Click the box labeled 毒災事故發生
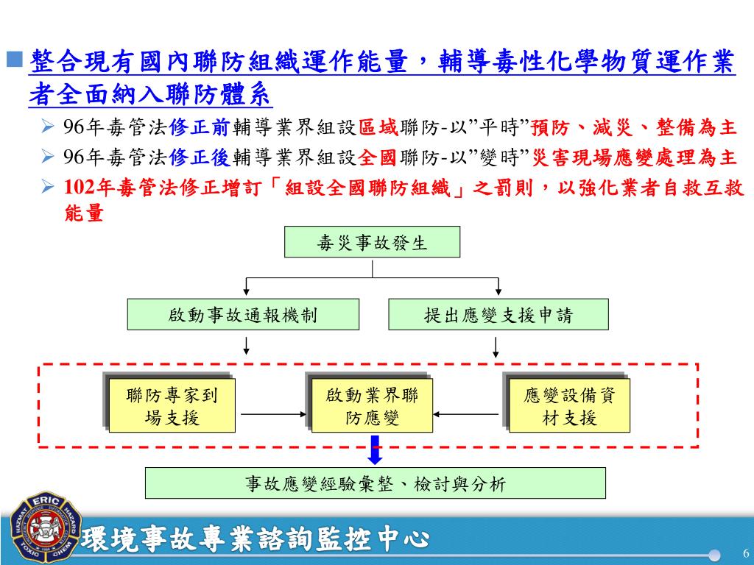372,242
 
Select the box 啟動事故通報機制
243,315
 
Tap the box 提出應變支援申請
498,315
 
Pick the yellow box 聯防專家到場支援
172,406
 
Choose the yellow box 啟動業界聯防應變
372,406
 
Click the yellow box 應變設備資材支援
569,406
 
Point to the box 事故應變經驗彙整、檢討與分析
375,483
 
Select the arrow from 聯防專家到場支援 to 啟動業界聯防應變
273,414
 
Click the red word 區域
378,127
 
